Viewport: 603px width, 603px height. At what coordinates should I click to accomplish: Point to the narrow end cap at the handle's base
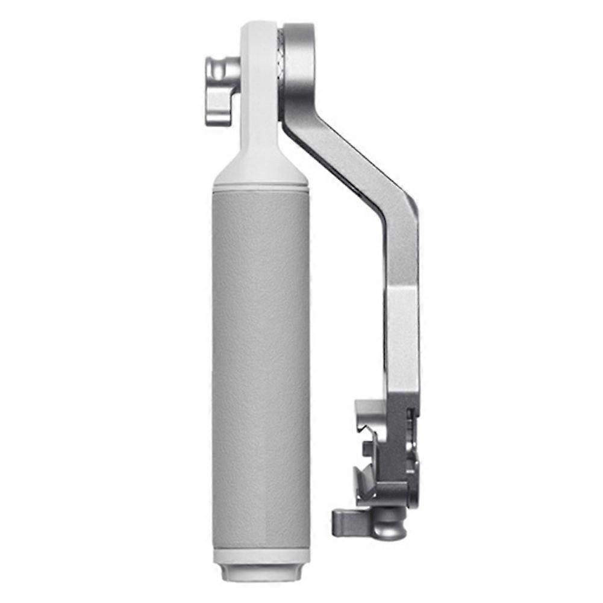click(261, 576)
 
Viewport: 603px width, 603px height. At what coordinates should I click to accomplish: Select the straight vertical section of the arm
click(402, 337)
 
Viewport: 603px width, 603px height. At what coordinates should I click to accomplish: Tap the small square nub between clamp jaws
click(368, 449)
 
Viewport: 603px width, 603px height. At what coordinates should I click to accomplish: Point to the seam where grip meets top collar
click(261, 186)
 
